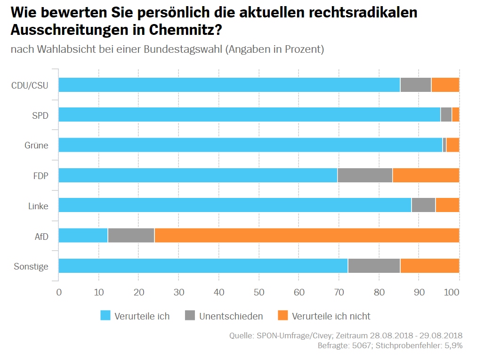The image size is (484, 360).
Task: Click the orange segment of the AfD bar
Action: click(306, 236)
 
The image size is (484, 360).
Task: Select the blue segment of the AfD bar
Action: click(83, 236)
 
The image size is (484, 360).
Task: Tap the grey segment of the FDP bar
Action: click(365, 175)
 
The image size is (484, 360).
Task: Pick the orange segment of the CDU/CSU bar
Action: click(445, 85)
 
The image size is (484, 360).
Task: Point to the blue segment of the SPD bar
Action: click(250, 115)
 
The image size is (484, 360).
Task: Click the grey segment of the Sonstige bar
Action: click(374, 266)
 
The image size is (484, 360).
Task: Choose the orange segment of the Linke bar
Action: click(447, 205)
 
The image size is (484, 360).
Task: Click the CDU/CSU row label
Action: click(30, 85)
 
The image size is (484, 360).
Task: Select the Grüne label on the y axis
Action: click(36, 145)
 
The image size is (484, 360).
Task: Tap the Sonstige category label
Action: click(31, 266)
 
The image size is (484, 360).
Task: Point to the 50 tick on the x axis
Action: click(258, 292)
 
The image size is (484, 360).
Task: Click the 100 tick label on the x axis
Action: click(452, 292)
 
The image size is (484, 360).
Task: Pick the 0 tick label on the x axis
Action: click(59, 292)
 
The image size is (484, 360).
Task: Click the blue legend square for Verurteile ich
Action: click(105, 316)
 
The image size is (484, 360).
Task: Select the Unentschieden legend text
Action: click(231, 316)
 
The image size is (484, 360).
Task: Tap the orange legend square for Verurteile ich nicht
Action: click(282, 316)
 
